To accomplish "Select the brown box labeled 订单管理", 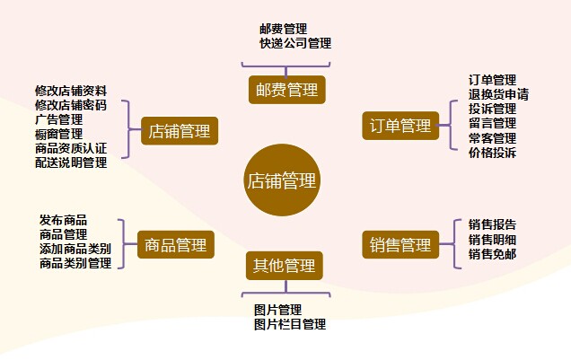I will [x=400, y=125].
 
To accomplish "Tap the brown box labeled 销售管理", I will [x=400, y=244].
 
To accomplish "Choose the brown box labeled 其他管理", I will [x=284, y=265].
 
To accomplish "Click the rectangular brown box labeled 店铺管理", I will [x=180, y=132].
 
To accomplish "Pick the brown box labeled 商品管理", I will [x=176, y=243].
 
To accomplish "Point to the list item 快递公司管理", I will [x=294, y=43].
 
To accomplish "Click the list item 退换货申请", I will [x=498, y=94].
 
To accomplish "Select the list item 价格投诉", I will [x=492, y=153].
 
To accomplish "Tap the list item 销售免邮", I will [x=492, y=254].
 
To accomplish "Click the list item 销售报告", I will [x=492, y=224].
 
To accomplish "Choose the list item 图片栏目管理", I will [x=289, y=324].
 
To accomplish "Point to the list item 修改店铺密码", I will [x=71, y=105].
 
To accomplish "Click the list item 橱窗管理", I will [x=59, y=134].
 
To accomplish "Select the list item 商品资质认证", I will [x=71, y=148].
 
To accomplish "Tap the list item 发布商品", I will [x=64, y=220].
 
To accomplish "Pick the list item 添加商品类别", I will [x=75, y=249].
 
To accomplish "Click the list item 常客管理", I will [x=492, y=138].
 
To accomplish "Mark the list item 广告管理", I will [x=59, y=119].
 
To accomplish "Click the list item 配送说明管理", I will [x=71, y=162].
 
